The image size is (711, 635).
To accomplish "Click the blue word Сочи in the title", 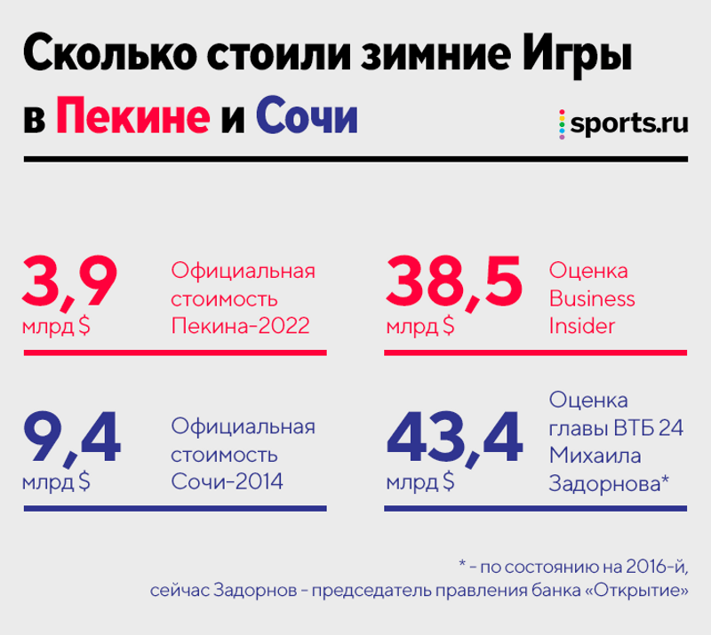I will point(306,116).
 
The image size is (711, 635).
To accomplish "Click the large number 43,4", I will point(454,438).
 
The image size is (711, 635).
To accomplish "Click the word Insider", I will point(583,325).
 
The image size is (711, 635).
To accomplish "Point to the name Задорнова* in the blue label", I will point(609,482).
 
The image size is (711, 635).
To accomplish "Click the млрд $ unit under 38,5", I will point(420,326).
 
